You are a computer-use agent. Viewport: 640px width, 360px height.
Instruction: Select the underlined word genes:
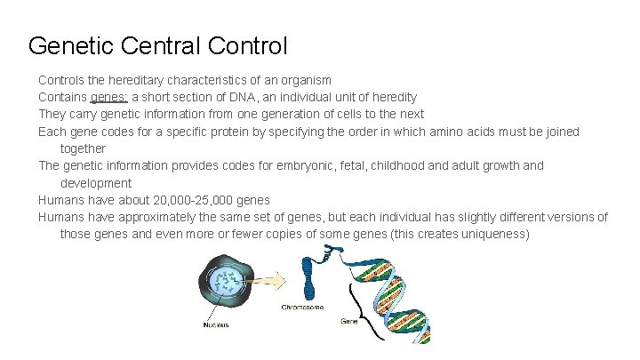(109, 97)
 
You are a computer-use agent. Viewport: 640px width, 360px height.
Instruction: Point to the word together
(83, 148)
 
